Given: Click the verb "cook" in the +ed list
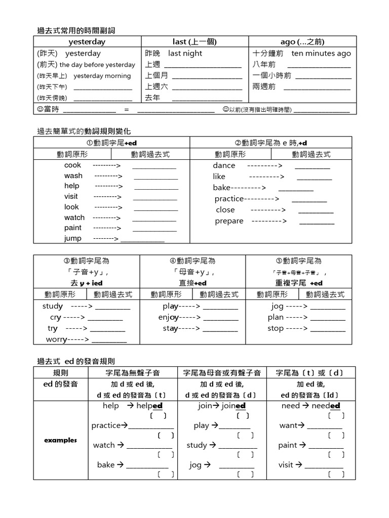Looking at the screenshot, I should tap(72, 165).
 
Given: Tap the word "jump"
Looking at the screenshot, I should tap(72, 238).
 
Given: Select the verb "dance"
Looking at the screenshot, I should tap(224, 165).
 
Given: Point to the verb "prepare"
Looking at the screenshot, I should tap(229, 221).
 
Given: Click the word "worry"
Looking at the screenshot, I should tap(56, 339).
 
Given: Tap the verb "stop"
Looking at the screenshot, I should tap(276, 328).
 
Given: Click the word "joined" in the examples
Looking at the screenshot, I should tap(234, 406).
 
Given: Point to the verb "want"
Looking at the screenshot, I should tap(288, 425).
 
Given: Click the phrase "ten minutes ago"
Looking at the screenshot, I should tap(321, 53).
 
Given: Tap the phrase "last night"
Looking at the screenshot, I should tap(185, 53).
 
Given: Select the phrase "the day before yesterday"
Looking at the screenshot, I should tap(97, 65).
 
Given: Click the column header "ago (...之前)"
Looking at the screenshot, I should tap(302, 41).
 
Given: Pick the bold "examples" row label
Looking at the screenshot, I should tap(61, 440).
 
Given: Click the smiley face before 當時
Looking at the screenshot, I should tap(40, 109).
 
